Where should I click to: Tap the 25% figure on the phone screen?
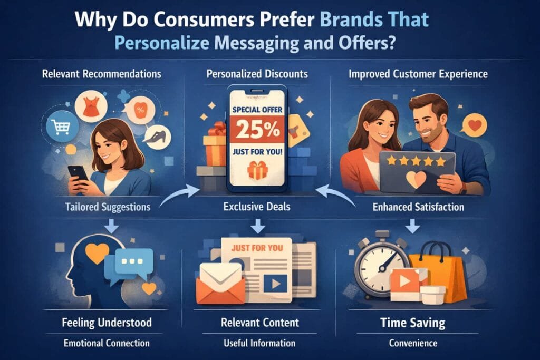tap(257, 129)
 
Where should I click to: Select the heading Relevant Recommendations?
tap(102, 74)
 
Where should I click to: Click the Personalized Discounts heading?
tap(257, 74)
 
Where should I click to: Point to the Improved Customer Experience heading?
tap(418, 74)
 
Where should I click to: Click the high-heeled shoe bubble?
tap(158, 137)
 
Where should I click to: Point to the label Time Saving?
tap(412, 323)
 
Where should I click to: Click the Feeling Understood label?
tap(107, 323)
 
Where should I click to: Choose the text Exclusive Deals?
tap(257, 207)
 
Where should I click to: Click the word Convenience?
tap(413, 343)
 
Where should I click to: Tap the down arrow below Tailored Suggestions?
tap(111, 227)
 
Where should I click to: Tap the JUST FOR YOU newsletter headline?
tap(257, 248)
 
